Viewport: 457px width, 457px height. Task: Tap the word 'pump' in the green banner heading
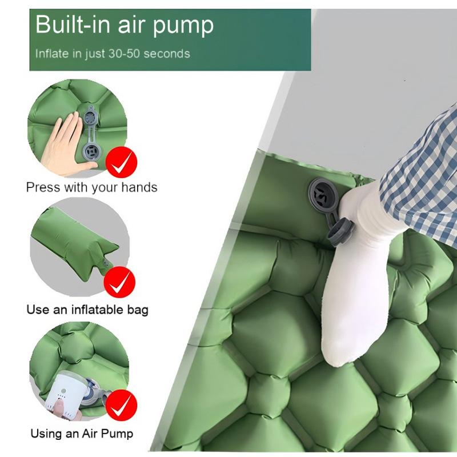[x=183, y=26]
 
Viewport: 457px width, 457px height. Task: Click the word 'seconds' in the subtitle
[x=167, y=54]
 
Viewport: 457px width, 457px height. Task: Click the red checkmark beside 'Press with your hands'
[x=121, y=162]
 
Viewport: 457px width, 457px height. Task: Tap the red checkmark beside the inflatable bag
[x=119, y=282]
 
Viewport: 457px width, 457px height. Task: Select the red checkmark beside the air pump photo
[x=121, y=405]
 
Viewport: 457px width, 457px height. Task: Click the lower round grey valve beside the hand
[x=91, y=151]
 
